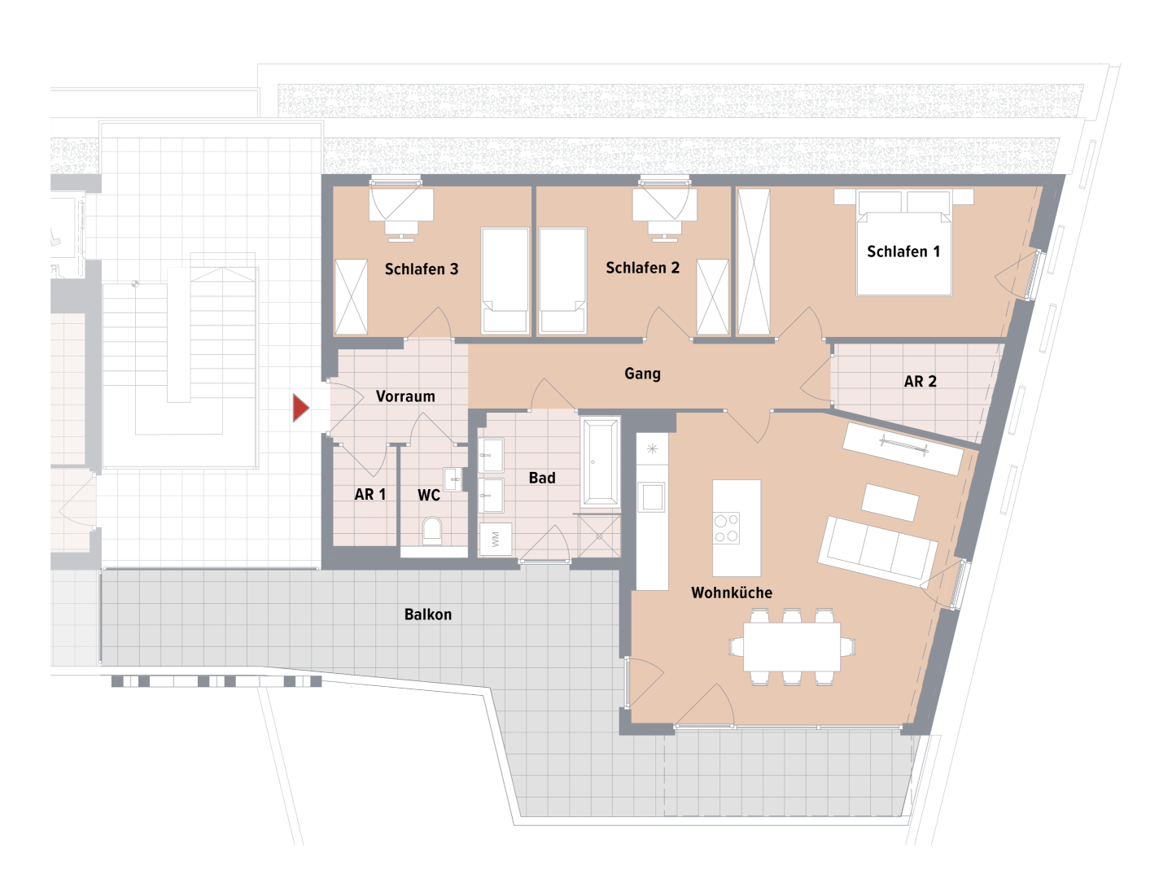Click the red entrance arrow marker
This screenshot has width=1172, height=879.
click(300, 408)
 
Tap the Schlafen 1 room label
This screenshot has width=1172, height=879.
click(903, 251)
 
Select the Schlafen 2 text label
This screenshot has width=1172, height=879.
click(642, 268)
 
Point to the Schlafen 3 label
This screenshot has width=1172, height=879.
click(422, 269)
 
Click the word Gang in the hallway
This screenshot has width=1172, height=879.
click(642, 374)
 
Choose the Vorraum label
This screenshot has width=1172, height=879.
click(405, 396)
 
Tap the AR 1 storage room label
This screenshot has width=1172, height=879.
click(370, 495)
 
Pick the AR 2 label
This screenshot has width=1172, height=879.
click(920, 382)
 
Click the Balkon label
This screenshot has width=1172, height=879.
click(427, 614)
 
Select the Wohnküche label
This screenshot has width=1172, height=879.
click(732, 593)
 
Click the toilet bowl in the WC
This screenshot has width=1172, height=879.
click(432, 531)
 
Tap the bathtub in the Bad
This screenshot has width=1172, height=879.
click(600, 461)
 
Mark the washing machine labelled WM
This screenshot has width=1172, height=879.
click(496, 539)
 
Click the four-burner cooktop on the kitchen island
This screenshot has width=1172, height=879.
click(726, 528)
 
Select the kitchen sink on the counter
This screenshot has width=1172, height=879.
click(652, 496)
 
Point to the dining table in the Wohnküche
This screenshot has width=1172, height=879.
click(792, 646)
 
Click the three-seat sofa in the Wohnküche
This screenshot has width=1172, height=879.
click(878, 552)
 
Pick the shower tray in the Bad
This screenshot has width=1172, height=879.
click(599, 536)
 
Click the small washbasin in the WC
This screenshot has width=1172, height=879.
click(453, 479)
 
